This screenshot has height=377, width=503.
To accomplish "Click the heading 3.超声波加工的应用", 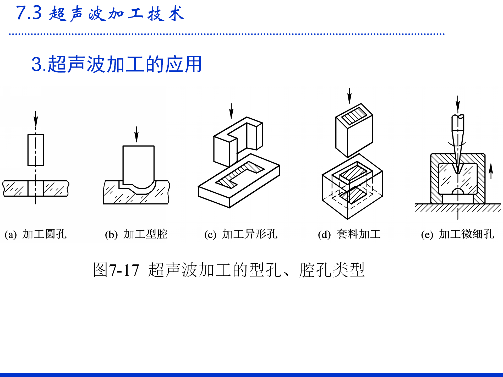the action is coord(116,64).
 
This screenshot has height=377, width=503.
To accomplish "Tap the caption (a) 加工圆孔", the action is coord(36,234).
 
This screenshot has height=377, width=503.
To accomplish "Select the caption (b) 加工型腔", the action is coord(136,234).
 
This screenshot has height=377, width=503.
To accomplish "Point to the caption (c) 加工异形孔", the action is coord(240,234).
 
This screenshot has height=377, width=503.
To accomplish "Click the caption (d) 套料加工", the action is coord(349,234).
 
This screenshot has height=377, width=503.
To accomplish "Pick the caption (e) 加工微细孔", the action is coord(457,234).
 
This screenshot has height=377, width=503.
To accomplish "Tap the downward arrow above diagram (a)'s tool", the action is coord(36,119).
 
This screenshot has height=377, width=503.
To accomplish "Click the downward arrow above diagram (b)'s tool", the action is coord(136,134).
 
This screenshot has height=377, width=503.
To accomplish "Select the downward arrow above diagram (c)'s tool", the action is coord(231,111).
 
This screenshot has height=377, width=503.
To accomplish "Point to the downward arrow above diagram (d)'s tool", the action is coord(349,96).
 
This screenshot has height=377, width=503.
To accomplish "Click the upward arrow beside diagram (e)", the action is coord(491,171).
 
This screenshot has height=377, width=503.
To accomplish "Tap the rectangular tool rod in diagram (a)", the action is coord(36,150).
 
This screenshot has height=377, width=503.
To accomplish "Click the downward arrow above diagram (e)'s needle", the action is coord(458,104).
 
